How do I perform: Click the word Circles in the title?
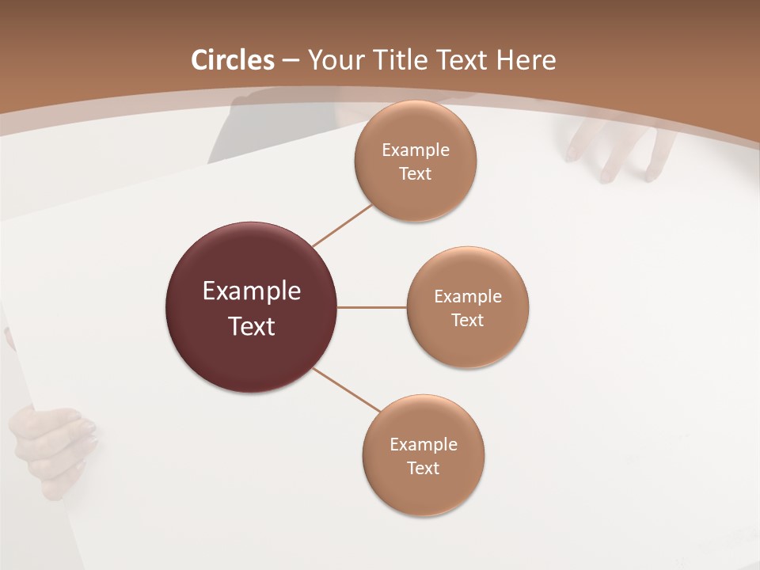pyautogui.click(x=233, y=60)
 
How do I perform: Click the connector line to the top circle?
pyautogui.click(x=343, y=226)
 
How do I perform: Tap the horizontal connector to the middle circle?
pyautogui.click(x=372, y=307)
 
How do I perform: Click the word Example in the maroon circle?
pyautogui.click(x=252, y=291)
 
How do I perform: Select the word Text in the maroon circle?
pyautogui.click(x=252, y=326)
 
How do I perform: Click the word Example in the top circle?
pyautogui.click(x=416, y=150)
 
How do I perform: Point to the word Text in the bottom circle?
pyautogui.click(x=423, y=468)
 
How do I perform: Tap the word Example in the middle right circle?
pyautogui.click(x=468, y=297)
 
